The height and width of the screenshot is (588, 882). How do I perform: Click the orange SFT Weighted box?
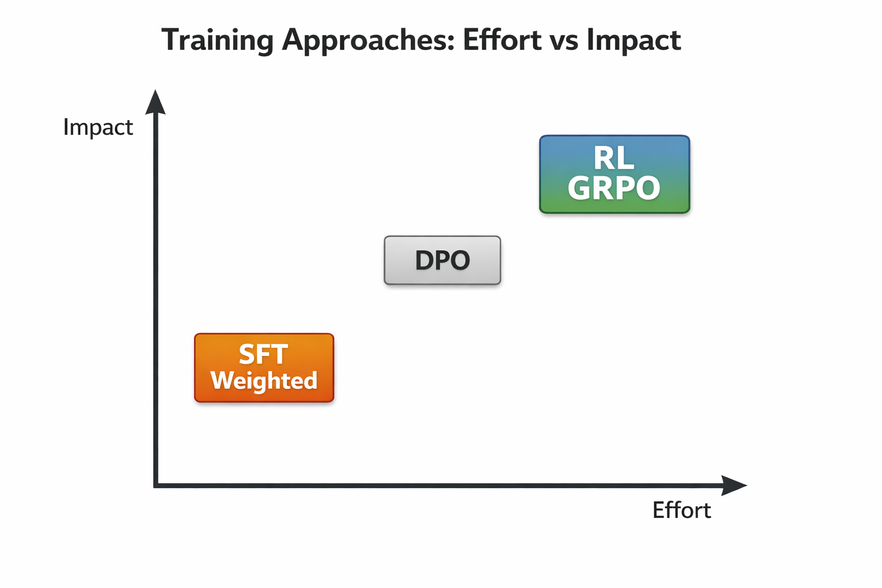point(264,367)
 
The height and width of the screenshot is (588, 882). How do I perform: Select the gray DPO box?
point(443,260)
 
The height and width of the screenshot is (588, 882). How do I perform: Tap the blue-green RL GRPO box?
point(614,174)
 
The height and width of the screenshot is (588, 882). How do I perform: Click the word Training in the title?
point(218,40)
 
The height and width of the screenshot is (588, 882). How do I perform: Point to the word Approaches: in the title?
point(368,41)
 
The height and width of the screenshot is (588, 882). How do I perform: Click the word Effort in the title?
point(502,40)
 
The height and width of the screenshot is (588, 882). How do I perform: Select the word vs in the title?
point(564,43)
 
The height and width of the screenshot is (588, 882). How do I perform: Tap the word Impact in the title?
point(634,41)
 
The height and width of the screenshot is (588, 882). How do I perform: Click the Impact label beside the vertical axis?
point(98,128)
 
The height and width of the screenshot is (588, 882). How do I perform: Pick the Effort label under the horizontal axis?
point(682,510)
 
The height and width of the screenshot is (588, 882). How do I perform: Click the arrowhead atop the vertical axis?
point(156,102)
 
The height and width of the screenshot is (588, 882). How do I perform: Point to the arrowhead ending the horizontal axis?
point(734,485)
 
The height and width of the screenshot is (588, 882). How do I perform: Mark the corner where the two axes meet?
point(156,485)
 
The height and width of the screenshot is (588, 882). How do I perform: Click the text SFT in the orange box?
point(264,354)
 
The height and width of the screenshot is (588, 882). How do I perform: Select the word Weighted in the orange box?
point(264,381)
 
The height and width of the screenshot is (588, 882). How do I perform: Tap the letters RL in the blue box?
point(614,158)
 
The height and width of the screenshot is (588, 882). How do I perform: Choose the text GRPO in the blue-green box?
point(614,188)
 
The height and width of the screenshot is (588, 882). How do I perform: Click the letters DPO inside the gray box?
point(443,260)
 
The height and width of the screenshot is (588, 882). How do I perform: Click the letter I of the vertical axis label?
point(66,127)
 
